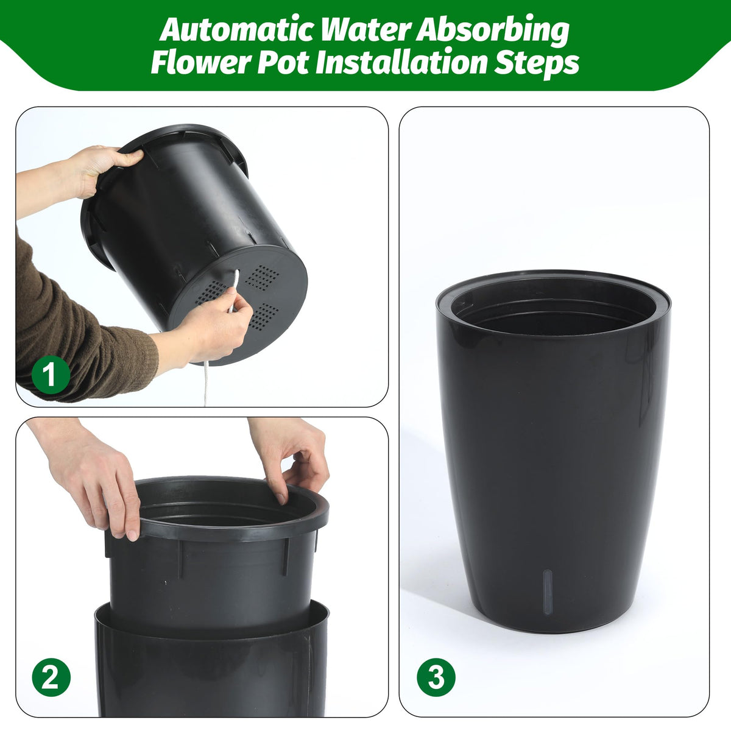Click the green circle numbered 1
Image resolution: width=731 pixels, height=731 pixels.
[x=51, y=375]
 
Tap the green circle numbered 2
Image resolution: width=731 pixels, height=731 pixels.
[x=51, y=677]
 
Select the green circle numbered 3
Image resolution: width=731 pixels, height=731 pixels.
[x=436, y=677]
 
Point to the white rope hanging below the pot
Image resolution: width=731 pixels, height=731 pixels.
[x=207, y=383]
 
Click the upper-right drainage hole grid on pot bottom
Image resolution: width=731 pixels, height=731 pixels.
[x=262, y=278]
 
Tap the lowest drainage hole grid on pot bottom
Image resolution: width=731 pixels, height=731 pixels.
[x=263, y=316]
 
